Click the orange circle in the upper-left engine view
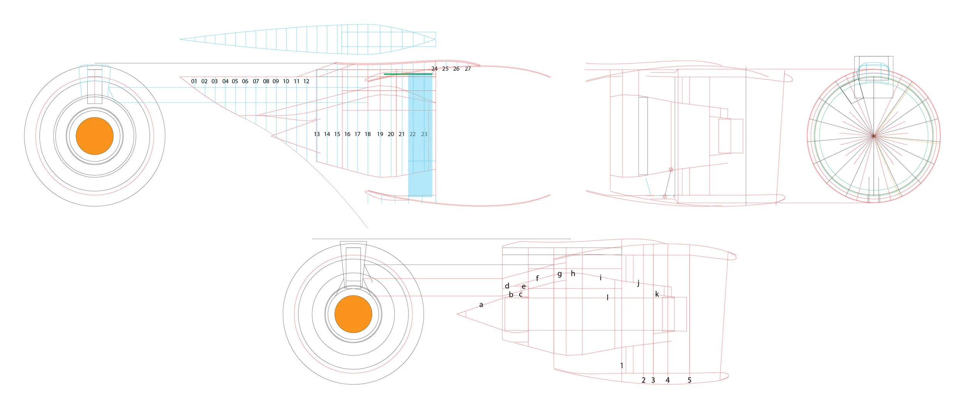point(95,136)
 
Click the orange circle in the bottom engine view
point(353,314)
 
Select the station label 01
point(194,81)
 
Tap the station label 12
point(306,81)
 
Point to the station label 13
point(317,134)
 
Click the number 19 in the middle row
point(380,134)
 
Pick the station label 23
point(424,134)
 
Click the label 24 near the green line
point(434,69)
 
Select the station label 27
point(468,69)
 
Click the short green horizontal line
point(408,74)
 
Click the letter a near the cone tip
point(481,305)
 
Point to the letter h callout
point(573,273)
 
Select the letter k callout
point(657,294)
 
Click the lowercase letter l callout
point(608,297)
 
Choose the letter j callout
point(638,283)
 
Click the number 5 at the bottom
point(689,380)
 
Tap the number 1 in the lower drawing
point(621,365)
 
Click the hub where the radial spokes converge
point(874,136)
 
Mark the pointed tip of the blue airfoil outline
point(181,39)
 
